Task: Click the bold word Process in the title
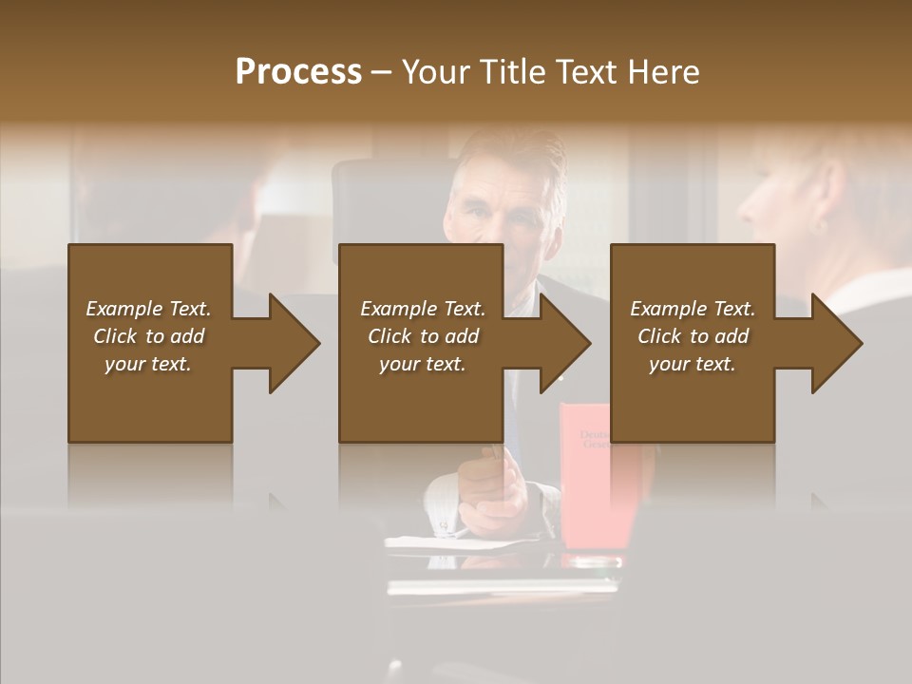298,72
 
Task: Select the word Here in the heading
665,72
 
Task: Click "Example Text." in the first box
148,309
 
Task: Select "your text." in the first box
148,364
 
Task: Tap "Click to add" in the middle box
423,336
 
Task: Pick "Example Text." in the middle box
423,309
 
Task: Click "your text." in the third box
693,364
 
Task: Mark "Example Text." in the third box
693,309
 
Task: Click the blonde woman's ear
819,226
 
